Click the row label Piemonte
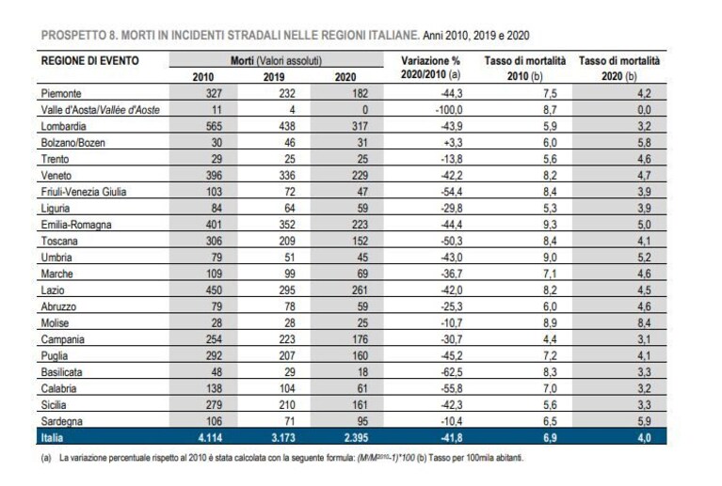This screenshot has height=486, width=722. coord(61,93)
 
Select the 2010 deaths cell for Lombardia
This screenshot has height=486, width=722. coord(214,126)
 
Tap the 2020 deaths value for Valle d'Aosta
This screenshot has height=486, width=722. coord(364,110)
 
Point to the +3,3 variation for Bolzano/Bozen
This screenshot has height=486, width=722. coord(453,143)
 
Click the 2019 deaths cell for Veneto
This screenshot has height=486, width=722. coord(287,175)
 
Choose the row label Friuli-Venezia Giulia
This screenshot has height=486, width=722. coord(84,192)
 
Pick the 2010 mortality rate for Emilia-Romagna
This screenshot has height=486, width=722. coord(550,225)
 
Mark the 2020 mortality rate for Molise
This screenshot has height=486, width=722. coord(644,322)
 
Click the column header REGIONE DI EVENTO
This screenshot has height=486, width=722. coord(89,61)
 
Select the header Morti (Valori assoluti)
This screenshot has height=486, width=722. coord(276,61)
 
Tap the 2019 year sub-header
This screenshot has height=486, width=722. coord(274,77)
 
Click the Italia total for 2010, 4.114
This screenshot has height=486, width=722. coord(210,438)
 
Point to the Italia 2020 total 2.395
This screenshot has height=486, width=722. coord(357,438)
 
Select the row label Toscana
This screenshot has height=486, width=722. coord(59,241)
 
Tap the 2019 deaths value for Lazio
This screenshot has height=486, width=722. coord(287,290)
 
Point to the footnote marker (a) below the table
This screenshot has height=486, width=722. coord(45,459)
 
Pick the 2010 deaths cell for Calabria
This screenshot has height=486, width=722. coord(214,388)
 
